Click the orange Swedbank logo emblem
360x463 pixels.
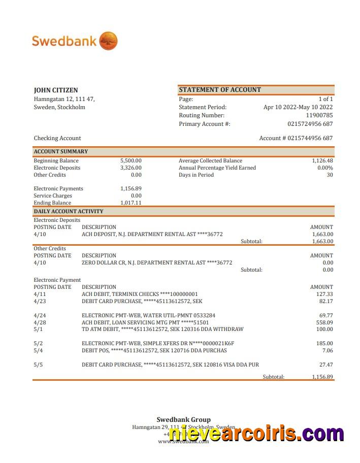[108, 41]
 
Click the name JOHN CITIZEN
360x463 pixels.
[56, 90]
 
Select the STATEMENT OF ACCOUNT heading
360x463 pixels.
[220, 90]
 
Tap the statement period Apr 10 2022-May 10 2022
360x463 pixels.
[298, 107]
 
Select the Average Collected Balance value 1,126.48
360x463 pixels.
[322, 161]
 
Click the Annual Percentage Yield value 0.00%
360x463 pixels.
[325, 168]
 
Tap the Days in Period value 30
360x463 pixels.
[330, 175]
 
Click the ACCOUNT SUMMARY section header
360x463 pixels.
[61, 151]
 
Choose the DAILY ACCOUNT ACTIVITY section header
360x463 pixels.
[69, 211]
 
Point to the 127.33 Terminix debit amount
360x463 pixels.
[324, 294]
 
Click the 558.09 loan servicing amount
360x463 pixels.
[324, 322]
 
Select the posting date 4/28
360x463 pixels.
[40, 322]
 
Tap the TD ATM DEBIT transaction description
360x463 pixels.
[162, 329]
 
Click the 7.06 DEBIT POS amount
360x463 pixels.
[328, 351]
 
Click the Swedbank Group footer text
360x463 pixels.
[183, 420]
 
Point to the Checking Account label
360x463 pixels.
[57, 138]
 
